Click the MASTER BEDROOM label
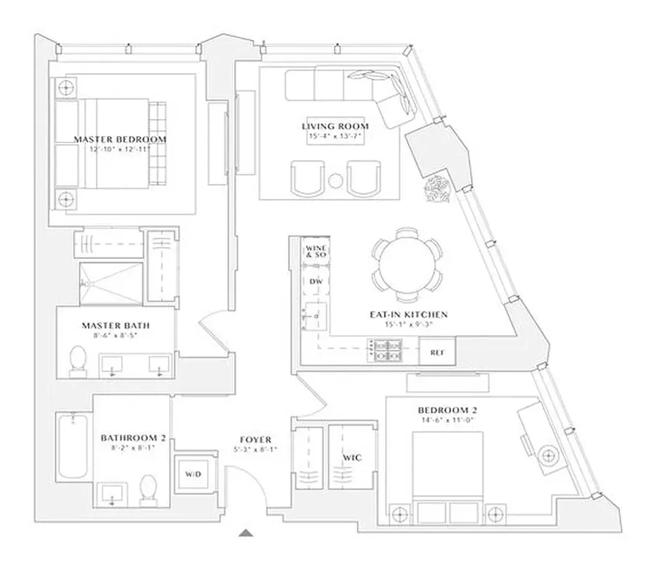point(120,139)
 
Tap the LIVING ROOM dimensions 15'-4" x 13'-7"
point(335,137)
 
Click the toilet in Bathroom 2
point(148,489)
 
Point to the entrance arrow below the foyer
point(246,533)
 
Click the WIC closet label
point(352,457)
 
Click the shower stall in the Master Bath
point(109,283)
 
